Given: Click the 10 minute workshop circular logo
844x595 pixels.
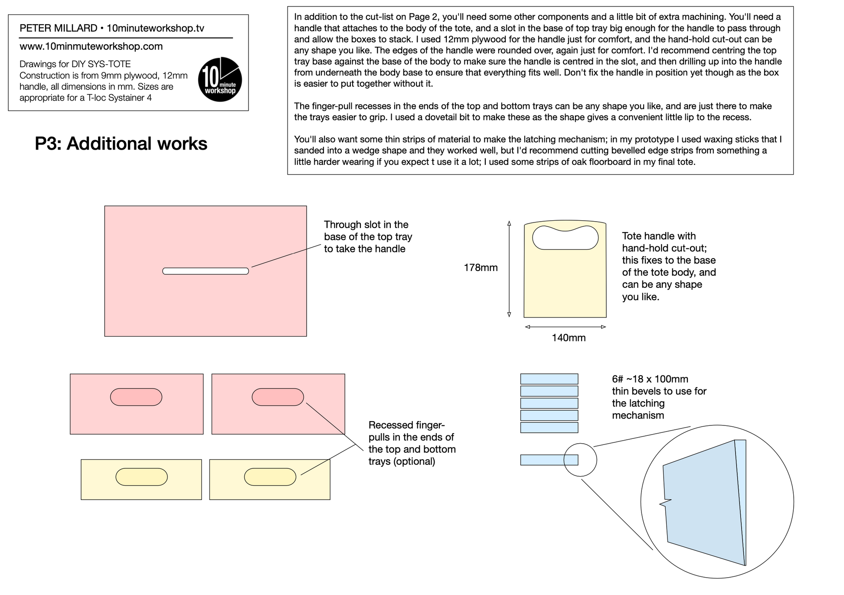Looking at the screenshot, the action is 220,79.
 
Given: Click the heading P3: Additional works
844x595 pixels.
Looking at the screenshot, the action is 121,144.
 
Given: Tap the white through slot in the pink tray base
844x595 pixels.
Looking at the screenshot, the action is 206,271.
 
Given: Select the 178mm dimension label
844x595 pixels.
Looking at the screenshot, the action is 481,268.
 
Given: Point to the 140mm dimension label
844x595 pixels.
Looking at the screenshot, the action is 569,337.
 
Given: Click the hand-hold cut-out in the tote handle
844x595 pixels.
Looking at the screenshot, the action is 565,238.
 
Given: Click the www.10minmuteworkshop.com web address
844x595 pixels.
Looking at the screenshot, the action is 91,46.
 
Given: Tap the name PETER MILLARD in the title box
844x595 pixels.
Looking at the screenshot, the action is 59,28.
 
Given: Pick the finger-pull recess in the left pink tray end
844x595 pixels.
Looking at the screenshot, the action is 136,397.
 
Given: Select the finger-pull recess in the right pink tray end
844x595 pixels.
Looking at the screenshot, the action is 278,397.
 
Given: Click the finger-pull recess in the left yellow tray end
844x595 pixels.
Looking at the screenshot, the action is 141,477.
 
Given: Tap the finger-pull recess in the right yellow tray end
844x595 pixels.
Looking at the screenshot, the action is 270,477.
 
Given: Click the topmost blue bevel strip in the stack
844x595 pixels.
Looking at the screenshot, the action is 549,379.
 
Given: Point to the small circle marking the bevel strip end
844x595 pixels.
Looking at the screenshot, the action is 580,460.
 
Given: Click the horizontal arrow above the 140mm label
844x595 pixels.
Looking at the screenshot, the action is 565,327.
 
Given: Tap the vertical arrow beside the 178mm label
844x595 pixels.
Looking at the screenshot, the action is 509,269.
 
